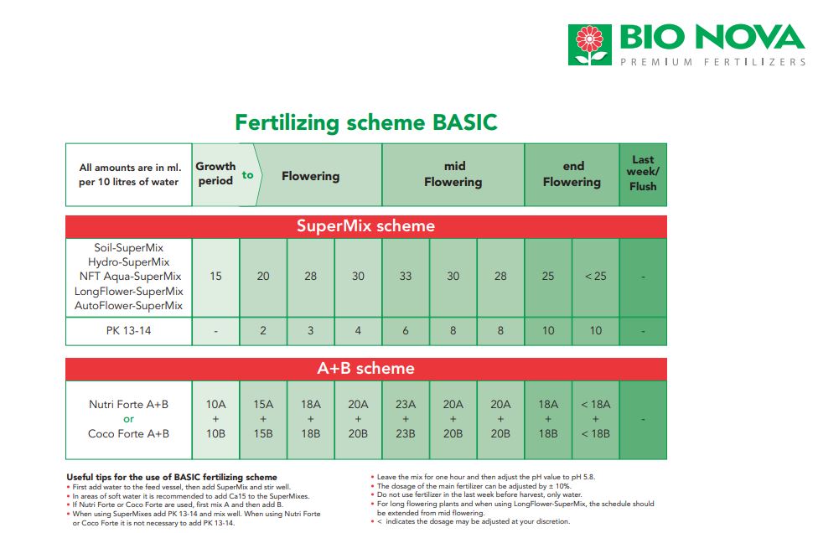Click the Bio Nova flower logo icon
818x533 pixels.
pos(589,45)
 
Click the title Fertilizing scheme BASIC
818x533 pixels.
pos(365,122)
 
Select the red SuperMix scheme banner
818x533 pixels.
pos(365,225)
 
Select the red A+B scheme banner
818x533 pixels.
pos(365,368)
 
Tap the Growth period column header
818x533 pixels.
pos(215,173)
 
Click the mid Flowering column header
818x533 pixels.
pos(453,174)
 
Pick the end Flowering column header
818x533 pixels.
pos(572,174)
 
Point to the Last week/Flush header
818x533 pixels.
pos(643,173)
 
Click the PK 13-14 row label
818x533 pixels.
pos(129,331)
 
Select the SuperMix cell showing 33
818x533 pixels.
pos(406,277)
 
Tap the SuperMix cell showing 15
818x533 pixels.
pos(215,277)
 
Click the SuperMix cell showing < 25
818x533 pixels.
pos(595,277)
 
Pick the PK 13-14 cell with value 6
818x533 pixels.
pos(406,331)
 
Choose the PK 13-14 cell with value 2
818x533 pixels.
pos(263,331)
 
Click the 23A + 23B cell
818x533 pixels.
pos(406,419)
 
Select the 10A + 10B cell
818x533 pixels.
pos(215,419)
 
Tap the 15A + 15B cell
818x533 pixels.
pos(263,419)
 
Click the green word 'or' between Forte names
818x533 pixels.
pos(128,419)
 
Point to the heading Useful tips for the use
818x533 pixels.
pos(172,477)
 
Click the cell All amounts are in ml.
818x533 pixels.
pos(129,174)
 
